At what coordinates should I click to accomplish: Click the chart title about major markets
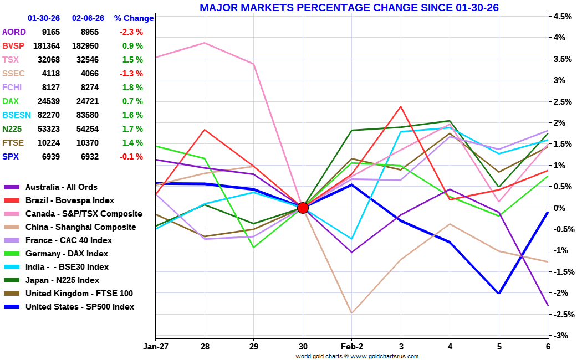point(349,7)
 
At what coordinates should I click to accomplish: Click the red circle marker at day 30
point(303,208)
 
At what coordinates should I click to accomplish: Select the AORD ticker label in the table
point(14,32)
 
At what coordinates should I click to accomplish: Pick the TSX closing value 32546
point(85,60)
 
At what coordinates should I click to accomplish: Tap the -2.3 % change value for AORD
point(131,32)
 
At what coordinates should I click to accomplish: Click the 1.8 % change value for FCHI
point(132,88)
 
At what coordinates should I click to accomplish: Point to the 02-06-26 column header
point(85,18)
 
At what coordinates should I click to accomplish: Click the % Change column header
point(134,18)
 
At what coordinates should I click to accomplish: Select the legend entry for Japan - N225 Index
point(62,280)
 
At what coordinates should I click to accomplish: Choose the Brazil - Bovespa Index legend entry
point(69,200)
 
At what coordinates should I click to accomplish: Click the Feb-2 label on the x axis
point(351,347)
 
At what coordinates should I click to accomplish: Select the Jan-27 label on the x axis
point(155,347)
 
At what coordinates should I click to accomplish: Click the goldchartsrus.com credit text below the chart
point(357,356)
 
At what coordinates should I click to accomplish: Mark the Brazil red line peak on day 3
point(401,106)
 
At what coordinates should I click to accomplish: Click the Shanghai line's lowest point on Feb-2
point(351,313)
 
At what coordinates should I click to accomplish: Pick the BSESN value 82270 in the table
point(49,115)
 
